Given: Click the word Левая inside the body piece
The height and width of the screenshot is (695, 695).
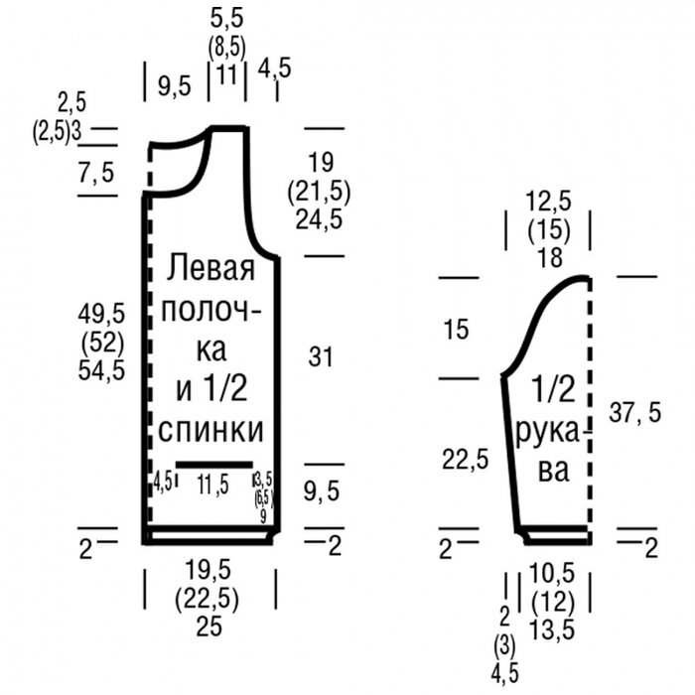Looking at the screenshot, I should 210,268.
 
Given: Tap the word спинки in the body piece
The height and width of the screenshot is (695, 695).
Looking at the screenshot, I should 210,431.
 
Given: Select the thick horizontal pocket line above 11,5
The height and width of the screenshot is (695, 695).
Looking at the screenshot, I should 213,464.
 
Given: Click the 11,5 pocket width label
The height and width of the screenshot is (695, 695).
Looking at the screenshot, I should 212,485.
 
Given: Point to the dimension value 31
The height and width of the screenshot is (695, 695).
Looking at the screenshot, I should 320,357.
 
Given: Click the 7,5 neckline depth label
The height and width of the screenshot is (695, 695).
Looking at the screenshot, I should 96,174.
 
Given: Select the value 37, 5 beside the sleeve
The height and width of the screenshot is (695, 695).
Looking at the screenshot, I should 634,413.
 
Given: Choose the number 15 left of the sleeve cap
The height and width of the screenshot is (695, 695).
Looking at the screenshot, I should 456,330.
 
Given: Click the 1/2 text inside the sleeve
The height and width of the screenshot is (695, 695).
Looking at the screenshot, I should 553,389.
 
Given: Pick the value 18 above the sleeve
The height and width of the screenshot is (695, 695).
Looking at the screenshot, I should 549,258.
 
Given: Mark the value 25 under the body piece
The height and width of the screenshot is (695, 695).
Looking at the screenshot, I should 208,626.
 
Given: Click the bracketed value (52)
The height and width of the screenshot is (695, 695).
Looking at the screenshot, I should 101,344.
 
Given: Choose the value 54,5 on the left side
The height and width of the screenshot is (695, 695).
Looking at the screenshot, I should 101,370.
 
